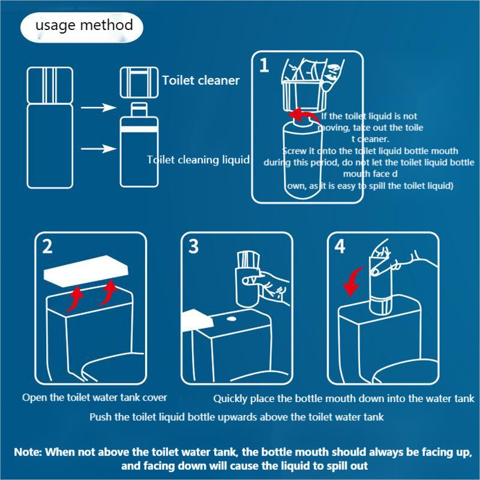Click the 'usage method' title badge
point(82,27)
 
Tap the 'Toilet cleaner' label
point(201,80)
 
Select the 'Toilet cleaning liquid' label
point(198,160)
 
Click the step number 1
point(264,65)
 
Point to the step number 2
point(47,246)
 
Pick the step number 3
point(193,246)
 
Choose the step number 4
point(340,246)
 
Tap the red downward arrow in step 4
point(353,281)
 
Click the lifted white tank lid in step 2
point(86,271)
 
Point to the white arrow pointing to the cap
point(98,107)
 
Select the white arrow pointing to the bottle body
point(98,149)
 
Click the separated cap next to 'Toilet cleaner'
point(139,82)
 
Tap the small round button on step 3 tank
point(231,319)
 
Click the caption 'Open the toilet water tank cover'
point(95,397)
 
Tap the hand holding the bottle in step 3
point(269,286)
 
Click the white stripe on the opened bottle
point(139,129)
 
